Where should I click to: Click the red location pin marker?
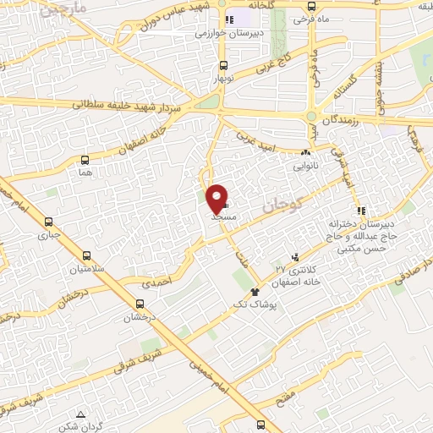[x=217, y=197]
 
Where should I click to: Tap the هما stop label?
[x=84, y=172]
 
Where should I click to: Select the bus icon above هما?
[x=85, y=159]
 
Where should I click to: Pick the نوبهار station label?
[x=222, y=76]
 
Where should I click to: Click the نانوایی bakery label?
[x=305, y=166]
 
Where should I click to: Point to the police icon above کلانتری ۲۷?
[x=294, y=256]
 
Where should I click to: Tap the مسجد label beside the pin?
[x=222, y=216]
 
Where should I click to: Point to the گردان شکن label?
[x=80, y=426]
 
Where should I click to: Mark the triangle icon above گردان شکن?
[x=80, y=414]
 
